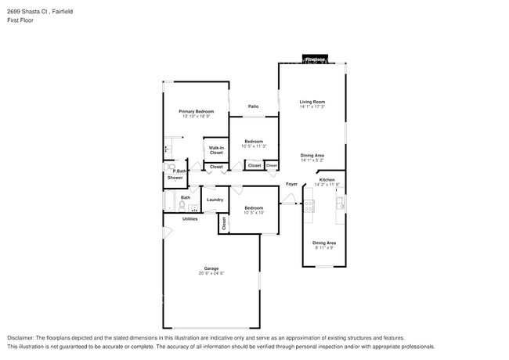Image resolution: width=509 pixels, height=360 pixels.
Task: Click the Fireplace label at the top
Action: coord(315,59)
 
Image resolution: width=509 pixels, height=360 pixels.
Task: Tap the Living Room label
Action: coord(312,102)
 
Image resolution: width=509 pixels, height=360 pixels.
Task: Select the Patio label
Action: coord(253,106)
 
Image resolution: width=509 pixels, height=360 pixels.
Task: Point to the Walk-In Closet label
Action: coord(216,150)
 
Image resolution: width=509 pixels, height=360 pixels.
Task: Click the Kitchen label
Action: coord(327,180)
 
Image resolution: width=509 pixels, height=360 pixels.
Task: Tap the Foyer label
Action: coord(291,185)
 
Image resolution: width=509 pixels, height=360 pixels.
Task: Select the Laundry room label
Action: coord(215,200)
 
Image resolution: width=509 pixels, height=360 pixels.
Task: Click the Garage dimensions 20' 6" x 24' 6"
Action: coord(211,273)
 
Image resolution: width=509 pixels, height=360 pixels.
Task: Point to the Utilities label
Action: coord(190,219)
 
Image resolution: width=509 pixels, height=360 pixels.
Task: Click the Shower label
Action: coord(175,178)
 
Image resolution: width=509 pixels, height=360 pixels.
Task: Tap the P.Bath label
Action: coord(179,171)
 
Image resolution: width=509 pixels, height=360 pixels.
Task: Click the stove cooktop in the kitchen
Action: coord(309,205)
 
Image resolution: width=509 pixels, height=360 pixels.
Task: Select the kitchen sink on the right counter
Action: coord(341,203)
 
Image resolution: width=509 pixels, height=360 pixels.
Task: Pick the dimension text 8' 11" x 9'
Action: coord(323,248)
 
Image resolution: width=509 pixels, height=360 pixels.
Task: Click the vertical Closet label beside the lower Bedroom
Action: coord(224,223)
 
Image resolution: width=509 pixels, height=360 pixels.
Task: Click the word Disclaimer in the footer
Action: coord(21,337)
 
